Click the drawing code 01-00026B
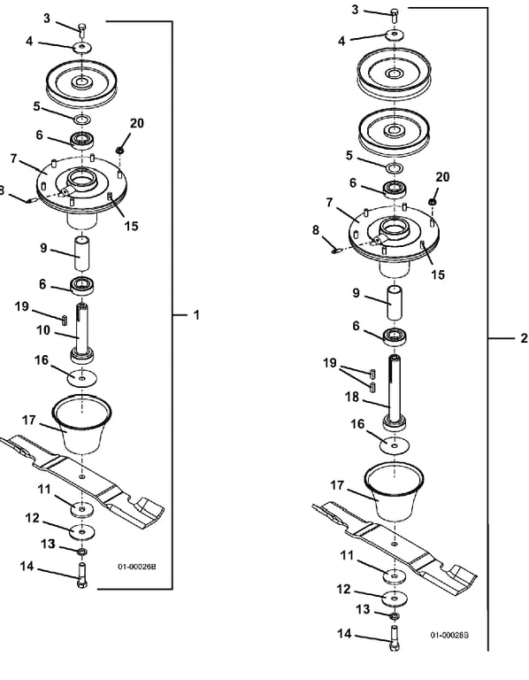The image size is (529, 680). point(136,567)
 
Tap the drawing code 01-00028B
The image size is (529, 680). point(449,635)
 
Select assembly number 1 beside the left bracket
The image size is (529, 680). point(196,315)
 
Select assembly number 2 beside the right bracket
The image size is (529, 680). point(524,338)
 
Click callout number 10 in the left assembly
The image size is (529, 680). point(43,330)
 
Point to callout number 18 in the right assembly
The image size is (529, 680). point(352,397)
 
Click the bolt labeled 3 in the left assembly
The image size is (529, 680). point(82,30)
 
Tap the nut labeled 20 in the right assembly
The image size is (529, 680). point(432,202)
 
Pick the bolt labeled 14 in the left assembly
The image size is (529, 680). point(81,576)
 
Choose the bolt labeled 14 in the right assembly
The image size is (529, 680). point(395,637)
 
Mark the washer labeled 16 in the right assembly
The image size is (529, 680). point(395,445)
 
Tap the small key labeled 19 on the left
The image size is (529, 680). point(65,319)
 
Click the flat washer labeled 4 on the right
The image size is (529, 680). point(395,35)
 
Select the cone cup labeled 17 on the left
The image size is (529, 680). point(82,424)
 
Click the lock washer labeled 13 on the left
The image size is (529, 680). point(82,552)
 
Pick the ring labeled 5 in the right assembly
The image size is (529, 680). point(395,168)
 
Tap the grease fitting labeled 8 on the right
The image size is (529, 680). point(337,251)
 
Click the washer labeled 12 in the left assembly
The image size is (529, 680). point(82,531)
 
